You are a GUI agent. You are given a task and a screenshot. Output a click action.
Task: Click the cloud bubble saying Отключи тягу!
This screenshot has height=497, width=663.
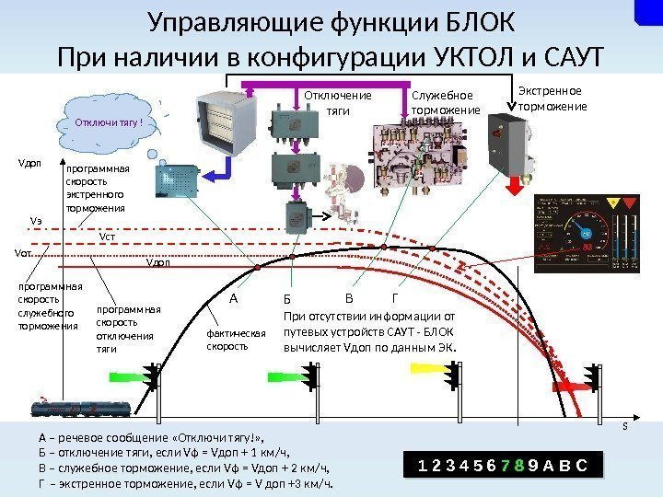[x=112, y=121]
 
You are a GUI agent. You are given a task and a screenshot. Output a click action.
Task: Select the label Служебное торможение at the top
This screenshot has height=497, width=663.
[x=445, y=103]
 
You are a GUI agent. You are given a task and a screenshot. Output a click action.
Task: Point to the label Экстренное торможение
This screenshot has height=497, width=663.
[x=552, y=98]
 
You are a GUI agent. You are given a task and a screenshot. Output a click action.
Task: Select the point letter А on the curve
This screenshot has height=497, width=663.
[x=233, y=299]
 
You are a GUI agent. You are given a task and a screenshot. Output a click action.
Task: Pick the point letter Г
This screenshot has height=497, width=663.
[x=395, y=299]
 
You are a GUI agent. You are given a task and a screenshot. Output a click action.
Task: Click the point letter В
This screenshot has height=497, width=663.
[x=348, y=299]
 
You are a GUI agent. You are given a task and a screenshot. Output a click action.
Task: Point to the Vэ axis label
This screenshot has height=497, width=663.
[x=37, y=221]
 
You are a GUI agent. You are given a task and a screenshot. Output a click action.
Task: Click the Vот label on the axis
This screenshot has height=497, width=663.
[x=23, y=252]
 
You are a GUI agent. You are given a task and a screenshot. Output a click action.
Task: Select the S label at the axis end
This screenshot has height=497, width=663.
[x=625, y=426]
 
